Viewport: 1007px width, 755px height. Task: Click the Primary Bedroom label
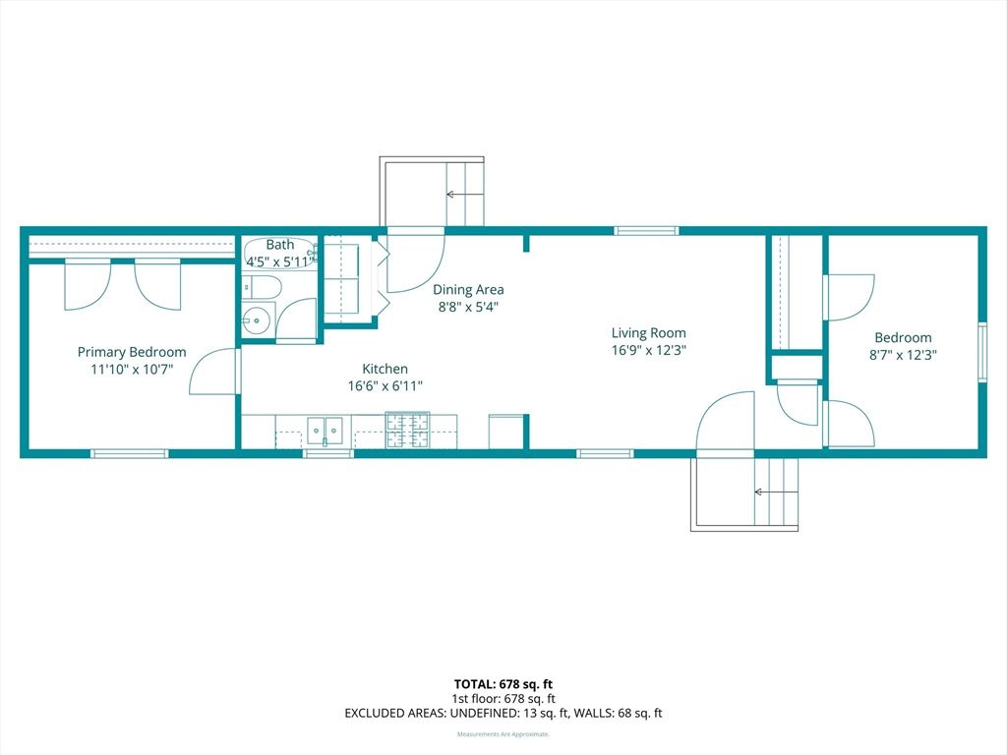pyautogui.click(x=132, y=352)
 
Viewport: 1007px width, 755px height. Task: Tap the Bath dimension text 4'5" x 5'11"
pyautogui.click(x=280, y=261)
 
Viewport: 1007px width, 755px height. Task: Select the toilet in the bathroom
pyautogui.click(x=262, y=287)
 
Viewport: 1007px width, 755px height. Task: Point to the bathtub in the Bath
pyautogui.click(x=279, y=253)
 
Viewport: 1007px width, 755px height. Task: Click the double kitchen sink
pyautogui.click(x=325, y=430)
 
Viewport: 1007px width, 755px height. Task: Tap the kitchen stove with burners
pyautogui.click(x=407, y=430)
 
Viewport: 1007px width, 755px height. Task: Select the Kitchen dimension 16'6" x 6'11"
pyautogui.click(x=385, y=386)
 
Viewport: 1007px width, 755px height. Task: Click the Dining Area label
pyautogui.click(x=468, y=289)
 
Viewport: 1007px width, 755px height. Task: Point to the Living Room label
pyautogui.click(x=648, y=332)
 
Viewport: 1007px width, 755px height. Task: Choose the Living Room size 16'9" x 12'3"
pyautogui.click(x=648, y=349)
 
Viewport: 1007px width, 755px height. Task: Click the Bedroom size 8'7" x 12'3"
pyautogui.click(x=903, y=355)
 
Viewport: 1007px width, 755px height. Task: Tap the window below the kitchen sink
pyautogui.click(x=327, y=453)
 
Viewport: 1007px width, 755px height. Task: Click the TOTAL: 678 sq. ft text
pyautogui.click(x=503, y=683)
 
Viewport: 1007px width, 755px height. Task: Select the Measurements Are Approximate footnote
pyautogui.click(x=503, y=734)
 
